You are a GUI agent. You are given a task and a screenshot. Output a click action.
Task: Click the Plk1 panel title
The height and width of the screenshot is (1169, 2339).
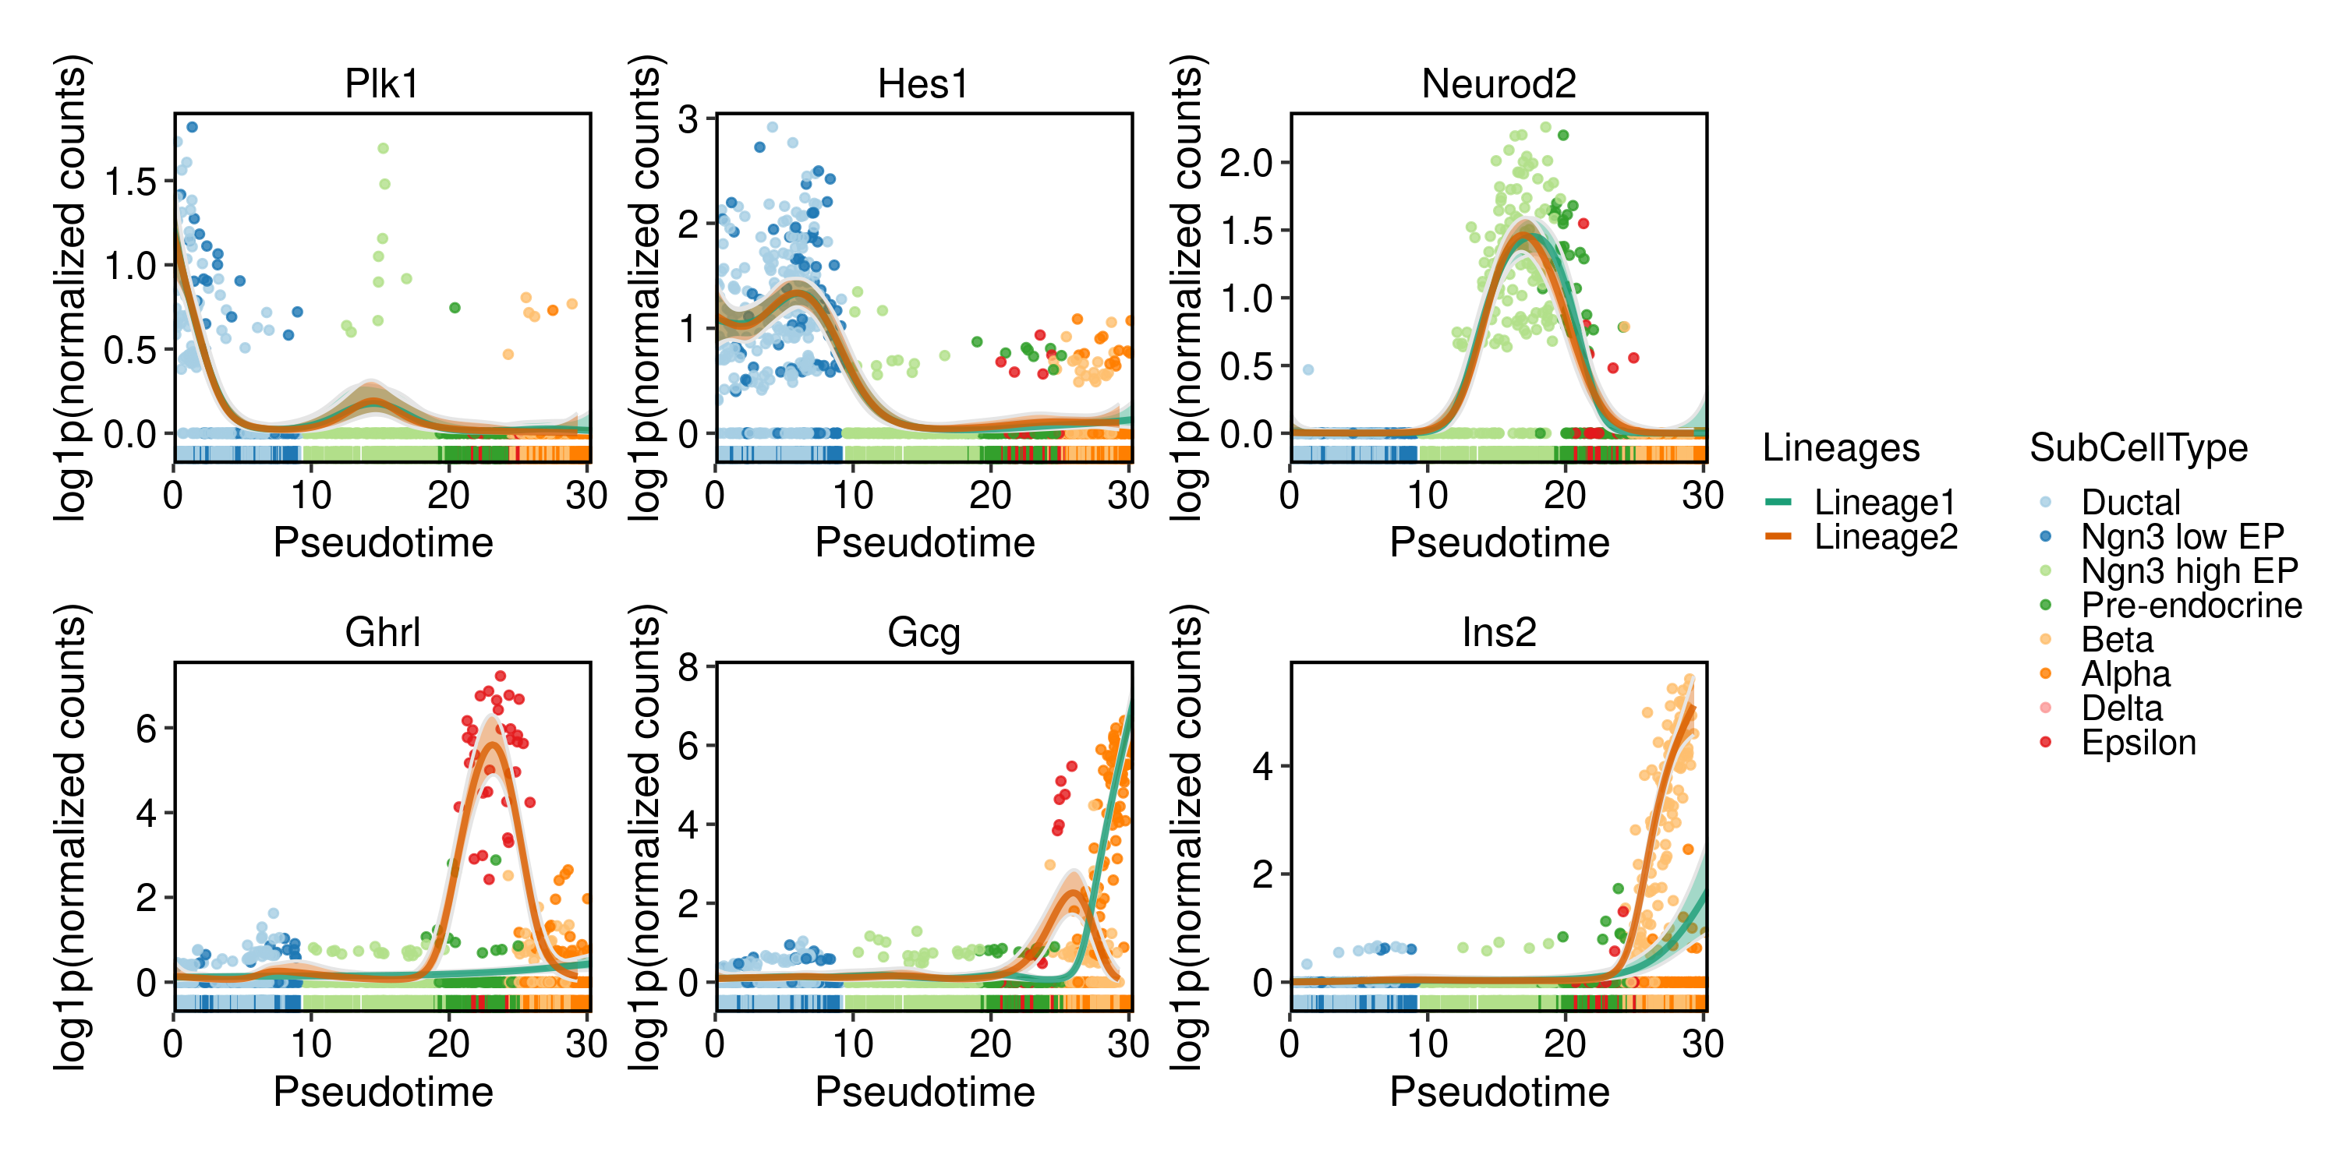pos(381,83)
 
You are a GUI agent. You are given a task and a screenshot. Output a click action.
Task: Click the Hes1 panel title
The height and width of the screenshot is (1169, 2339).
pos(922,83)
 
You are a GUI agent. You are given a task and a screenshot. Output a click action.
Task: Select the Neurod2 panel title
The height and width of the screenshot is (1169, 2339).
pos(1499,83)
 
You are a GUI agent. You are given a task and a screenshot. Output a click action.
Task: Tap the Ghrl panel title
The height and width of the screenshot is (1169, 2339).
pos(382,633)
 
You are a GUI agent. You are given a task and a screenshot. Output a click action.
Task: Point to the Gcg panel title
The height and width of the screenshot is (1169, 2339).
pos(923,633)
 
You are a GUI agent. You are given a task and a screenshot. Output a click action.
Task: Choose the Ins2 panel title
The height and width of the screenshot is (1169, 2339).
pos(1499,633)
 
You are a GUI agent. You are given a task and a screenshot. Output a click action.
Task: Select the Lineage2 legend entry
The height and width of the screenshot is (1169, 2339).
pos(1885,536)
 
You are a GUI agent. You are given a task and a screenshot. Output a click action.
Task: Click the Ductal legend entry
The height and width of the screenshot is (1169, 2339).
pos(2128,502)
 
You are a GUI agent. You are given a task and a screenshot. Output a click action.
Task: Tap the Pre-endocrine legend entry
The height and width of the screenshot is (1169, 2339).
pos(2190,606)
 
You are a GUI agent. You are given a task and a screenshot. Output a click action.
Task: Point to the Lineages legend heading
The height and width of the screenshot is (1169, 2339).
pos(1841,447)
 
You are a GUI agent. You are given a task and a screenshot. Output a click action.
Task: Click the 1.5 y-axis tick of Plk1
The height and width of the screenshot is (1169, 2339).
pos(131,182)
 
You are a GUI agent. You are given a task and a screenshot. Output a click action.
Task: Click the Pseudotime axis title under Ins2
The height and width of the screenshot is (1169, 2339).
pos(1499,1091)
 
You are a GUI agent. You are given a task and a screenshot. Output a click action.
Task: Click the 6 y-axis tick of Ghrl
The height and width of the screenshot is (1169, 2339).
pos(147,728)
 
